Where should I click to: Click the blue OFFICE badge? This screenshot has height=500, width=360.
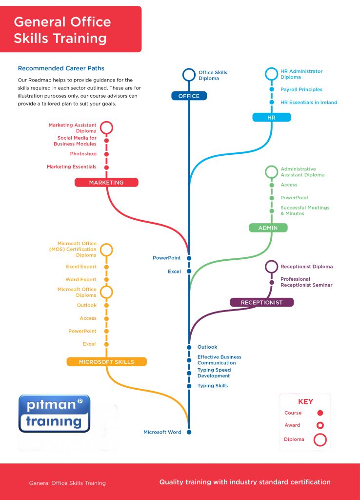point(189,96)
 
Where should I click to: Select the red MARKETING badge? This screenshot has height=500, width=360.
point(106,183)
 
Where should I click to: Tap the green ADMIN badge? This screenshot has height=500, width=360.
point(268,228)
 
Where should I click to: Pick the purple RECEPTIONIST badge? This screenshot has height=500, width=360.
point(261,302)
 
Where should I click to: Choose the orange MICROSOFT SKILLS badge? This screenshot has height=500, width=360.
point(106,362)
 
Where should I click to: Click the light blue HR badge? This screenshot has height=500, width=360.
point(271,117)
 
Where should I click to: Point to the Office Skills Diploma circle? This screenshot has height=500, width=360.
point(189,75)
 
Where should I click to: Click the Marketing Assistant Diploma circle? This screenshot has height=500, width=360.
point(106,127)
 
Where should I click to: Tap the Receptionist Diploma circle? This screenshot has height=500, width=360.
point(271,267)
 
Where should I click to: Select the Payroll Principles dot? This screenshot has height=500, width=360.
point(272,89)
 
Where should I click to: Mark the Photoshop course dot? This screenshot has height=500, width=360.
point(106,154)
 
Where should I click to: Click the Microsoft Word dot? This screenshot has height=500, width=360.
point(189,432)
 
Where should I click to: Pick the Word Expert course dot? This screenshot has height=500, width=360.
point(106,280)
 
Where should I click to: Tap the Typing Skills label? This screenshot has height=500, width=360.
point(213,386)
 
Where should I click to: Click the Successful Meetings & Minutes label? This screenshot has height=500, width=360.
point(305,210)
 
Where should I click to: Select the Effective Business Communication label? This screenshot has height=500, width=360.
point(219,360)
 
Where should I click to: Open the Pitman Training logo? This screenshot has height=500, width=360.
point(54,413)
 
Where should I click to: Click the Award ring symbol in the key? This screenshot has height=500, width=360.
point(320,425)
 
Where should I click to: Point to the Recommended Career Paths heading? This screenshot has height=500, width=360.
point(61,68)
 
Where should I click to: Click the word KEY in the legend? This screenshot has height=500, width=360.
point(305,401)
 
